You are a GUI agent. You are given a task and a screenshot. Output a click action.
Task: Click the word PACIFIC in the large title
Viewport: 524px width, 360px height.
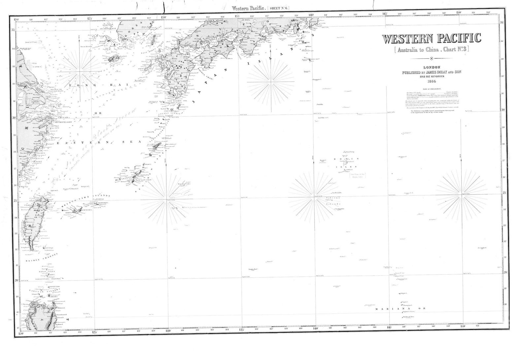click(459, 39)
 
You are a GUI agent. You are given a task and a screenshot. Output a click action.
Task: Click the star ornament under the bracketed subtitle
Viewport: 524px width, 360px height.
click(431, 59)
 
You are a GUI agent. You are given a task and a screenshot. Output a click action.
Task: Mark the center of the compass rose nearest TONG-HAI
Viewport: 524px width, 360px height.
click(79, 71)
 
